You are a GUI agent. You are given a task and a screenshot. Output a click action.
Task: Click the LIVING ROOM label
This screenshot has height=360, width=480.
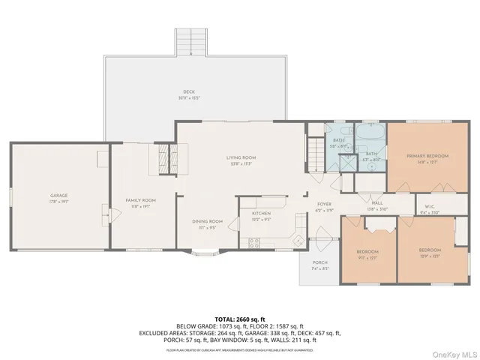(241, 157)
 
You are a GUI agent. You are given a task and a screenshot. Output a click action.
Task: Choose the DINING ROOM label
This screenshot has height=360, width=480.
(207, 221)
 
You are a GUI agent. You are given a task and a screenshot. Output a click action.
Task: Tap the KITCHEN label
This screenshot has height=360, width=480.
(260, 214)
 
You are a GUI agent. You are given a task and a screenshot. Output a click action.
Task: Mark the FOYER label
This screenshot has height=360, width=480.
(324, 204)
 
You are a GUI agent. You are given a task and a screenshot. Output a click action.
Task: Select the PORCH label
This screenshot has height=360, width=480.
(319, 263)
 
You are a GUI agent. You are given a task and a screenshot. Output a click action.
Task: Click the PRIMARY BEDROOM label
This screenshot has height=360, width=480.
(427, 157)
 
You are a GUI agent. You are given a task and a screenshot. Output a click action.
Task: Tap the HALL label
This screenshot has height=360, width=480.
(376, 204)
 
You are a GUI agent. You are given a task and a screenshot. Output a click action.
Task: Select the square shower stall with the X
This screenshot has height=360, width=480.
(348, 163)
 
